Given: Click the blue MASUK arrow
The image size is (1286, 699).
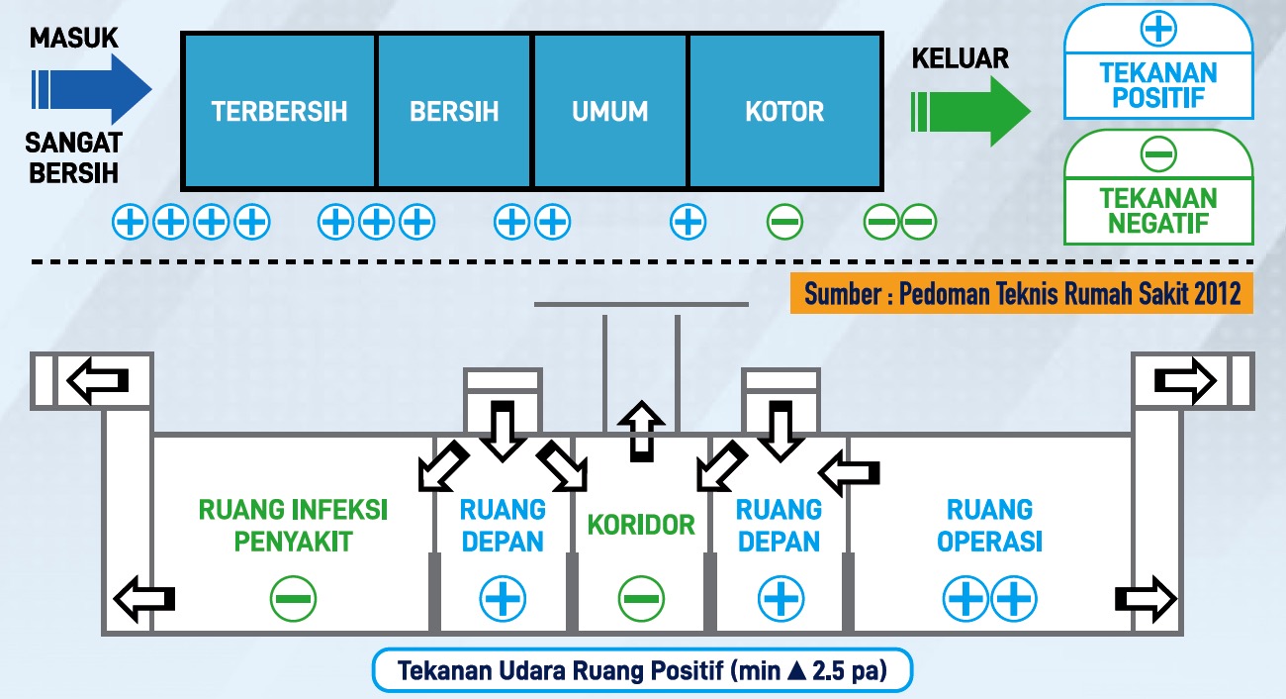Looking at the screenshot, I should [x=91, y=88].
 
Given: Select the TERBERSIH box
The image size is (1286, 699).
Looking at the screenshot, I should [x=279, y=110].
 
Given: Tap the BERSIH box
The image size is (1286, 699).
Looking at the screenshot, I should [x=454, y=110].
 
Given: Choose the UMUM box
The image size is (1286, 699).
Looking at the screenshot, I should [x=610, y=110].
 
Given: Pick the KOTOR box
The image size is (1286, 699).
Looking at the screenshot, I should [x=784, y=110].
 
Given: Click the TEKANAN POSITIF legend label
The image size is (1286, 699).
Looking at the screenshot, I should [x=1158, y=85].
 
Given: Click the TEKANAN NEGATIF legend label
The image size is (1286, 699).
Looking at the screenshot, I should [x=1158, y=210].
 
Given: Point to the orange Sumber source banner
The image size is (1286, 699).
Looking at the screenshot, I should [x=1021, y=295].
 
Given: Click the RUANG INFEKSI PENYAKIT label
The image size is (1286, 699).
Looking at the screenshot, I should [x=293, y=525].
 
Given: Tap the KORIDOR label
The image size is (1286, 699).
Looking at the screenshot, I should [x=642, y=525].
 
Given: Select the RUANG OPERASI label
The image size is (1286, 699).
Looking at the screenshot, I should [x=989, y=525].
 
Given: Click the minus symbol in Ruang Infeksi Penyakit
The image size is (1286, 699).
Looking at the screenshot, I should [x=293, y=598].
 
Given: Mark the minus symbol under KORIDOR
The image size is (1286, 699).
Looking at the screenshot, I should [x=642, y=598].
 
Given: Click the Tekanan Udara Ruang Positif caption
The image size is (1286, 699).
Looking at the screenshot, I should [x=642, y=670].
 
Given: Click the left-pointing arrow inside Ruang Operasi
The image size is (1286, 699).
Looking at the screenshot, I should [x=851, y=474].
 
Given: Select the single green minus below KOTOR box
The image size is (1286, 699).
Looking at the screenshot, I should [x=785, y=222].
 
